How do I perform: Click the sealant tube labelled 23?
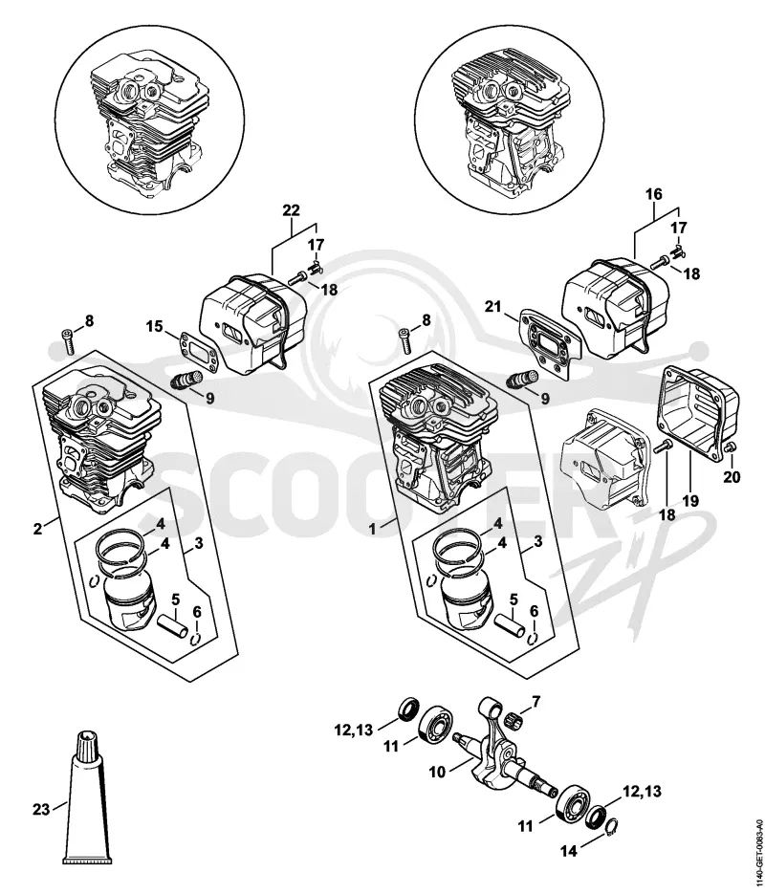[x=84, y=798]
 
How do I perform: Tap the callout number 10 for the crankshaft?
[x=437, y=772]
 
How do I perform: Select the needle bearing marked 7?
[x=509, y=717]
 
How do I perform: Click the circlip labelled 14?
[x=610, y=827]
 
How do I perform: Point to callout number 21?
[x=493, y=307]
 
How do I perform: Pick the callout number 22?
[x=292, y=209]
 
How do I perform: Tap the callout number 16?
[x=654, y=194]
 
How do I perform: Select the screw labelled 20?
[x=729, y=449]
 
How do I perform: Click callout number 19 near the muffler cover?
[x=691, y=502]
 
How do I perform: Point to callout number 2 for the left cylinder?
[x=37, y=529]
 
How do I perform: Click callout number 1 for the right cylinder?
[x=372, y=529]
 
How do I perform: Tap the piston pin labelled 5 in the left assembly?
[x=173, y=627]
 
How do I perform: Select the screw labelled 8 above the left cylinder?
[x=69, y=341]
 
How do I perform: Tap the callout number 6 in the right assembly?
[x=535, y=611]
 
